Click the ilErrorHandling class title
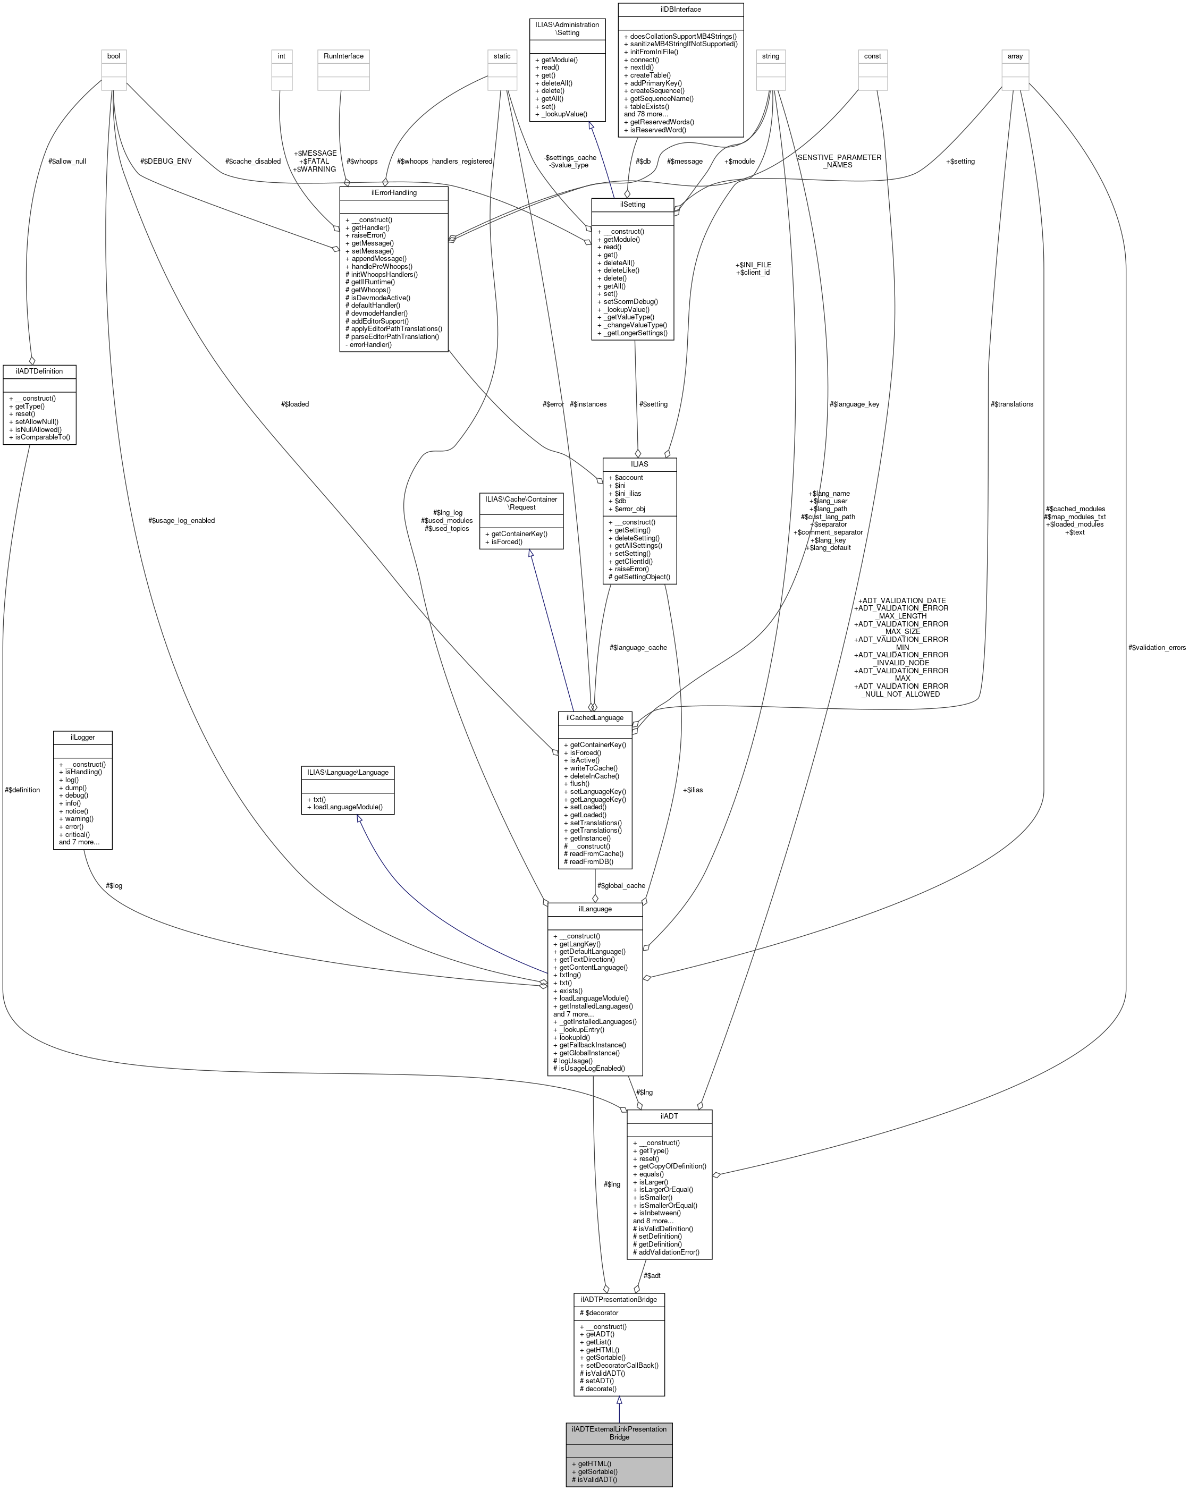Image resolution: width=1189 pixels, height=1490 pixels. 393,192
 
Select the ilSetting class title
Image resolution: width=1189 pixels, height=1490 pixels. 632,204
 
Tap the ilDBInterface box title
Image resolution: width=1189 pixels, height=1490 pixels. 680,9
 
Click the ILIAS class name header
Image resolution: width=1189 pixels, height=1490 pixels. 639,464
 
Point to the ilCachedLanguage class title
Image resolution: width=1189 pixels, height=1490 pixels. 594,717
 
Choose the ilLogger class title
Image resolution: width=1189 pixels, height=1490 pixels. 82,738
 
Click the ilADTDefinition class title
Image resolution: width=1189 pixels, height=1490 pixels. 39,371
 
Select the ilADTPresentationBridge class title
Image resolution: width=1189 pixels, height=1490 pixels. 619,1299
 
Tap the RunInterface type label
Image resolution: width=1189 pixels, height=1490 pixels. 343,56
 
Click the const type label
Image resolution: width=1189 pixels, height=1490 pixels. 872,56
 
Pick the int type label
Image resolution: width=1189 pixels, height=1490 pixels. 281,56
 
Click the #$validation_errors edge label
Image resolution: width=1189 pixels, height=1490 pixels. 1157,648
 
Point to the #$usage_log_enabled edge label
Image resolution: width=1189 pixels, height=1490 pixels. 181,520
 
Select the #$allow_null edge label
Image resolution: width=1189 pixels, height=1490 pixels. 67,161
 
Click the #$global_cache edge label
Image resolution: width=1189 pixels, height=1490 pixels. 621,885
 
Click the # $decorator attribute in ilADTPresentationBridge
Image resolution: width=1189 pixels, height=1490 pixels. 600,1313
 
